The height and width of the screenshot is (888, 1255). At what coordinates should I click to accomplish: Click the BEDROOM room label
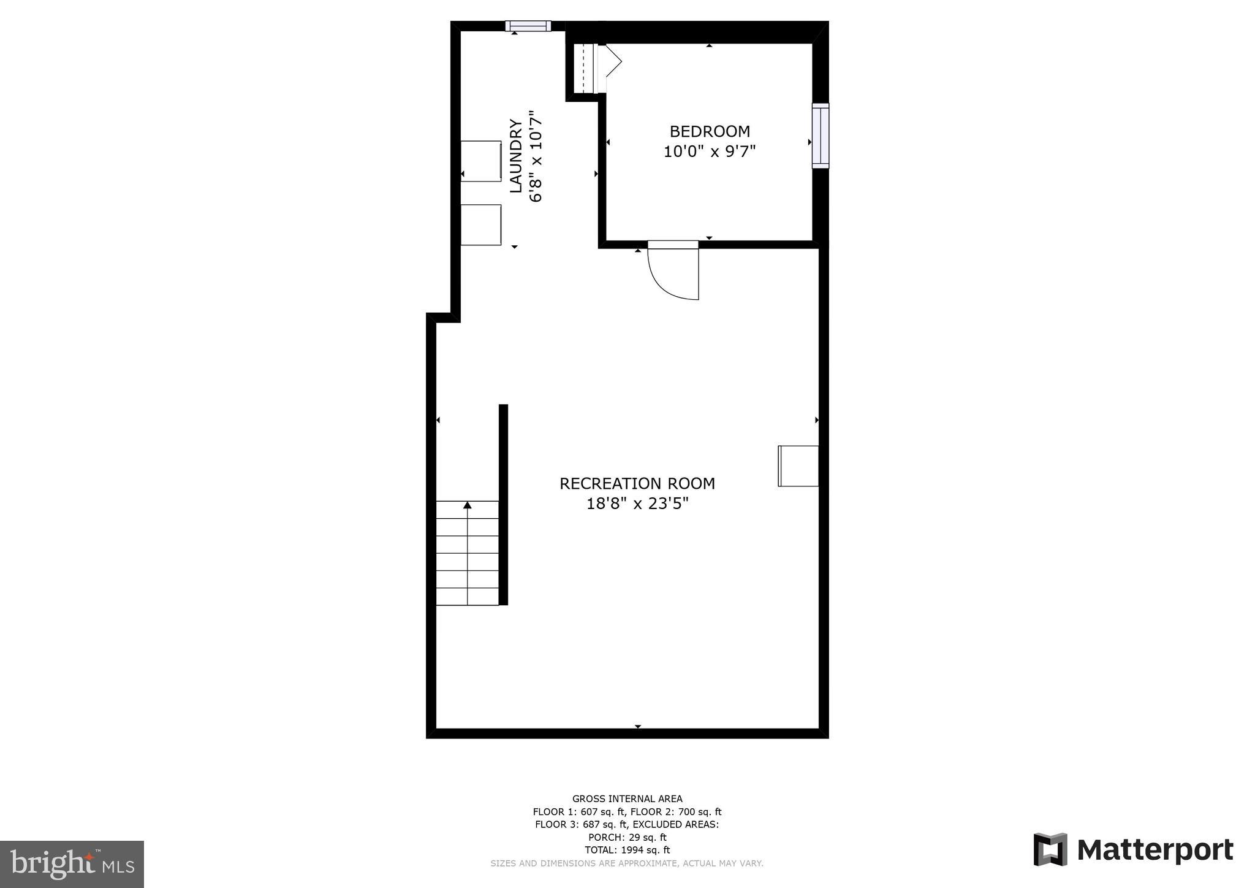click(710, 131)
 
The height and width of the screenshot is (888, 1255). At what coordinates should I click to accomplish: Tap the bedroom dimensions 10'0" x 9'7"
click(710, 151)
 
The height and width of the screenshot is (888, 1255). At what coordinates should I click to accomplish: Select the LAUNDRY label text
click(517, 156)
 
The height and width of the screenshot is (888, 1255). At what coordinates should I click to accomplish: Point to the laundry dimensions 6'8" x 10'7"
click(536, 156)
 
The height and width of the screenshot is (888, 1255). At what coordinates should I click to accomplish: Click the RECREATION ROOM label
click(637, 483)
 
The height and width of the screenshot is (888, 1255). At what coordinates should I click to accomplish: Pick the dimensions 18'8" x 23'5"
click(637, 504)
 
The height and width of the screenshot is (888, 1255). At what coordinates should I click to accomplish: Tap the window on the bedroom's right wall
click(820, 136)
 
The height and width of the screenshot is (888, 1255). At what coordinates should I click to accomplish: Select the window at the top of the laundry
click(528, 26)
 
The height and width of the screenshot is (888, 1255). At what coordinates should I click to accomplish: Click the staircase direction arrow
click(468, 505)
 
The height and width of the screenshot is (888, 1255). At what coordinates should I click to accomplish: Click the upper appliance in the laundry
click(481, 161)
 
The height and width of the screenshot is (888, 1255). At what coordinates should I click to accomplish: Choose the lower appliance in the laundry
click(481, 225)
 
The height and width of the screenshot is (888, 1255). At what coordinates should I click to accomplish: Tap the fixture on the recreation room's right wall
click(798, 466)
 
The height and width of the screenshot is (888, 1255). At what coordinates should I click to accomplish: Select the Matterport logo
click(1134, 850)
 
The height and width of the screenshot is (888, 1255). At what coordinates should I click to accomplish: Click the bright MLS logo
click(72, 864)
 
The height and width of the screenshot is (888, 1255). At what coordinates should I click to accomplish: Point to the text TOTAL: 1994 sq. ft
click(627, 850)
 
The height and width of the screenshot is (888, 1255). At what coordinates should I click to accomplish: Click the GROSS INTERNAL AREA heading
click(627, 798)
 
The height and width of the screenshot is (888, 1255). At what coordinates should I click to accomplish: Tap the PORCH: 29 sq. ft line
click(627, 837)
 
